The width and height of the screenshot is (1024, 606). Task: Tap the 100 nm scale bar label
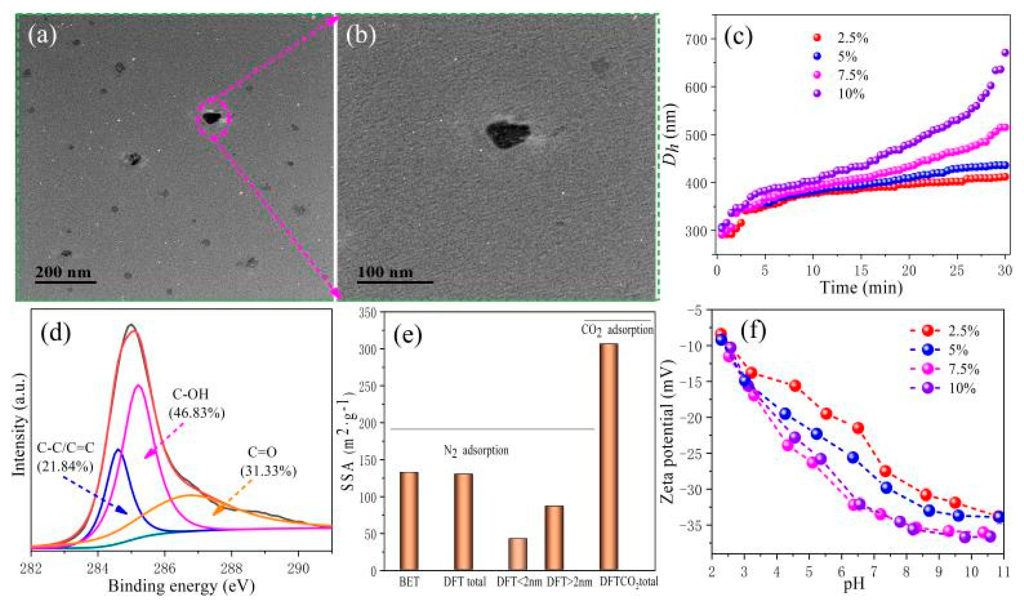point(385,272)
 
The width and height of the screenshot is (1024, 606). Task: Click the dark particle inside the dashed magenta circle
point(211,119)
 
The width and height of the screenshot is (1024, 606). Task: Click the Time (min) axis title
point(861,288)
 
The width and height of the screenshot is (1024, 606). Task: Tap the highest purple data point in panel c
point(1005,53)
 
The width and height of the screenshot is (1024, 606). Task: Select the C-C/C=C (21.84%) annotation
point(65,457)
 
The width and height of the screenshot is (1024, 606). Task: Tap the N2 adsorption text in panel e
point(476,451)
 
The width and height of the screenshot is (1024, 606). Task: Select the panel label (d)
point(55,333)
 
